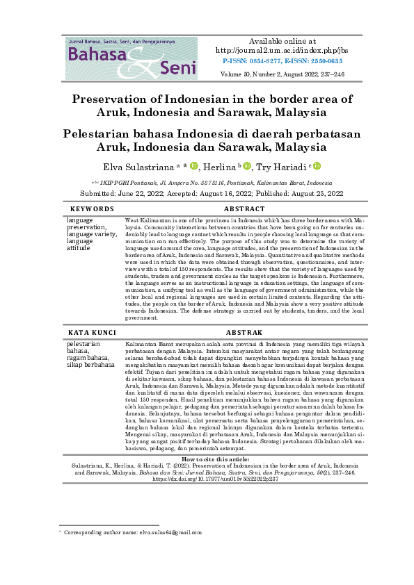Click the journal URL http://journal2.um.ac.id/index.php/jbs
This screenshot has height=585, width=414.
click(282, 51)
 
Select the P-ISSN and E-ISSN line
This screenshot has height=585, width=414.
click(282, 61)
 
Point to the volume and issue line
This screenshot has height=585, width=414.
click(282, 73)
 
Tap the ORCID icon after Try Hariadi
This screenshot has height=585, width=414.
click(317, 166)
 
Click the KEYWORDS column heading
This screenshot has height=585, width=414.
click(92, 208)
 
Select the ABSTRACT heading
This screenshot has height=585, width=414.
click(243, 208)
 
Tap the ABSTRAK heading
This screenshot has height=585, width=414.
click(243, 333)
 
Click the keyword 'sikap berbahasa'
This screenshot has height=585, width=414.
click(90, 363)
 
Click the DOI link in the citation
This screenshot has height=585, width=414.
click(207, 459)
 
